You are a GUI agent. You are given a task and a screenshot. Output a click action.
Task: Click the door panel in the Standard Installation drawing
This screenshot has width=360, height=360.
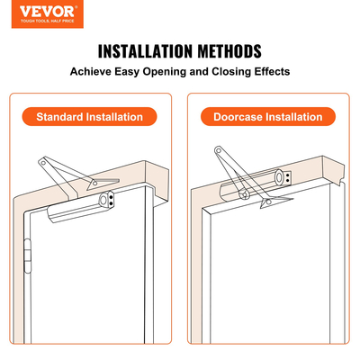pos(90,279)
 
